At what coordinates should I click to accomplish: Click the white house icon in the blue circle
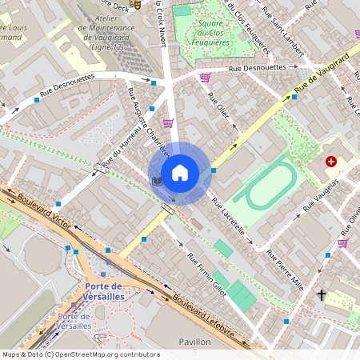coord(180,173)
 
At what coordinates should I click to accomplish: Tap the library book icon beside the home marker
coord(157,182)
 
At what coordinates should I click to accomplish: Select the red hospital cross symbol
coord(331,162)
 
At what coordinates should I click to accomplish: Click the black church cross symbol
coord(322,295)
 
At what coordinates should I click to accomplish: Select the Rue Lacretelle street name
coord(232,218)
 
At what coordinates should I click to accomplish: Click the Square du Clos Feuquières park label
coord(210,33)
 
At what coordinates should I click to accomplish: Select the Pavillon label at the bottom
coord(194,342)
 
